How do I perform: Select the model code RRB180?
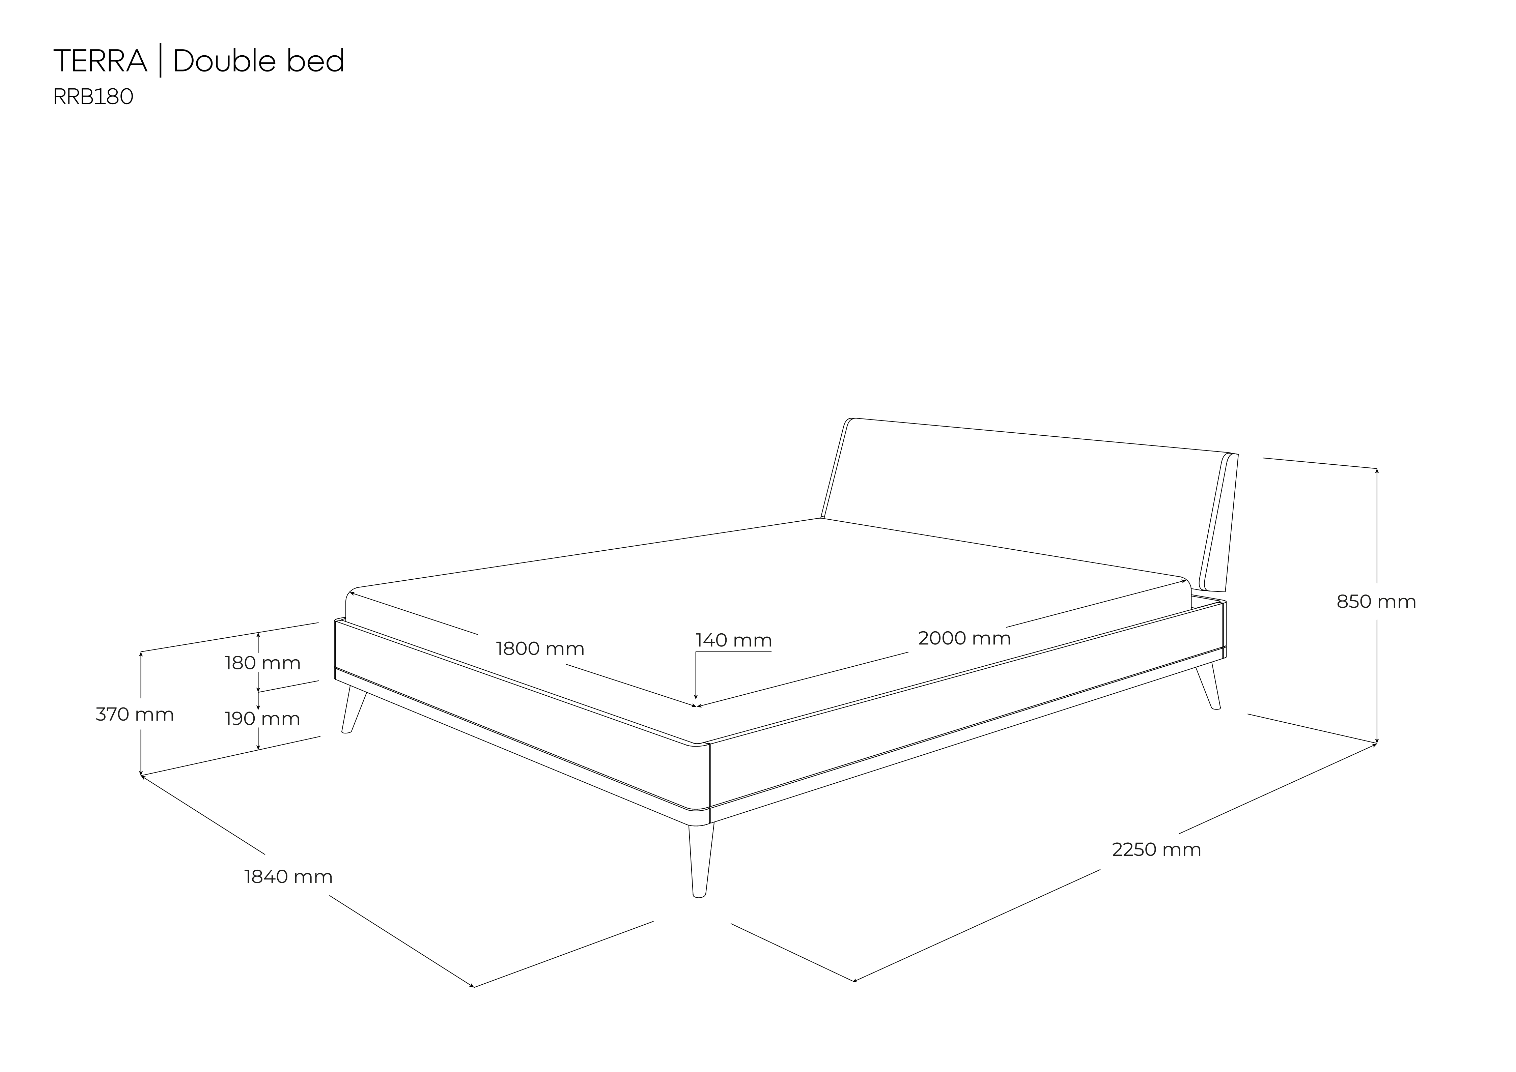pyautogui.click(x=93, y=97)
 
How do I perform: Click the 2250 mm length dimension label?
pyautogui.click(x=1156, y=849)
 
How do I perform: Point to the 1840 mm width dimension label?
pyautogui.click(x=288, y=877)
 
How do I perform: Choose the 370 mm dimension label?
pyautogui.click(x=135, y=714)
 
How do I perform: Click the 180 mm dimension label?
pyautogui.click(x=263, y=663)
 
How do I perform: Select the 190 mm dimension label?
pyautogui.click(x=263, y=718)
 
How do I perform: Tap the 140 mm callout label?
pyautogui.click(x=734, y=640)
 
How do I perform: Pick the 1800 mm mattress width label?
pyautogui.click(x=540, y=649)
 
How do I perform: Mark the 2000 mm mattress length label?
pyautogui.click(x=964, y=638)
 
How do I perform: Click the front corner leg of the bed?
pyautogui.click(x=701, y=860)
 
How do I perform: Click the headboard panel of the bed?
pyautogui.click(x=1030, y=502)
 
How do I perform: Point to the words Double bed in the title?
pyautogui.click(x=259, y=61)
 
